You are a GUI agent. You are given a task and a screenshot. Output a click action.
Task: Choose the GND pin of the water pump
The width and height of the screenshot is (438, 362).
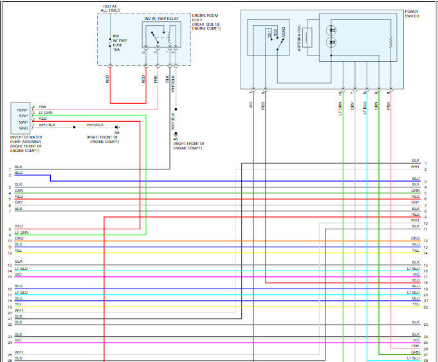pos(23,127)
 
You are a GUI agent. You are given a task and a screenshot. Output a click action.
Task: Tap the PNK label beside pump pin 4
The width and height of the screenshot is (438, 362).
pos(42,106)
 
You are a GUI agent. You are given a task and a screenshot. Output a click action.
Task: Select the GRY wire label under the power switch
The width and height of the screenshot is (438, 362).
pos(352,104)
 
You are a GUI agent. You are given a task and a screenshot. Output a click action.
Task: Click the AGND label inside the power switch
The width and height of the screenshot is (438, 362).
pos(284,35)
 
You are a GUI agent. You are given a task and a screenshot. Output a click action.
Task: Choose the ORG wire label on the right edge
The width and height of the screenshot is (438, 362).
pos(415,238)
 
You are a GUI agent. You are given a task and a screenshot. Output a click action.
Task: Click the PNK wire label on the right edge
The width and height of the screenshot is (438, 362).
pos(415,346)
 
